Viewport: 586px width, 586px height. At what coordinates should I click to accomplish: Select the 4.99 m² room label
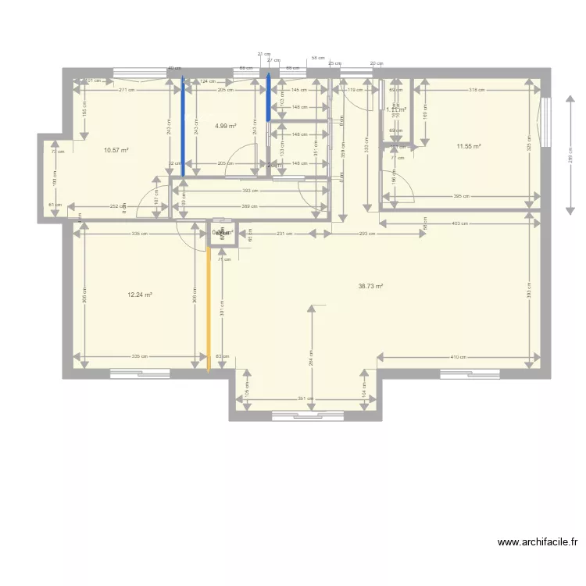[x=226, y=126]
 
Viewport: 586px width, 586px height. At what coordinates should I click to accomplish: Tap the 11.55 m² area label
[x=469, y=146]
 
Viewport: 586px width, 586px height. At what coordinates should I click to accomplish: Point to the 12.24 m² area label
[x=140, y=295]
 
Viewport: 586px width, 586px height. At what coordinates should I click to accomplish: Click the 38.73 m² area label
[x=370, y=287]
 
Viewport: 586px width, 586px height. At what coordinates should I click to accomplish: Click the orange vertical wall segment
[x=209, y=309]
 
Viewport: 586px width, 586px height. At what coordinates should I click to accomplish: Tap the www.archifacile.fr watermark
[x=538, y=541]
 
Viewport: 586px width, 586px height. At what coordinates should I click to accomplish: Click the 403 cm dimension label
[x=459, y=223]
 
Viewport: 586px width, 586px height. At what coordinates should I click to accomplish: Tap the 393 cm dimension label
[x=250, y=190]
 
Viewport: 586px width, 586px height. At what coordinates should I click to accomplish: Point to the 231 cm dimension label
[x=284, y=234]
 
